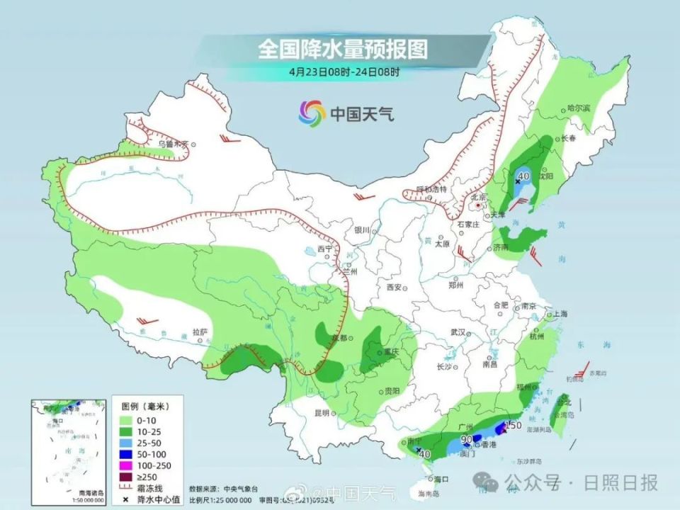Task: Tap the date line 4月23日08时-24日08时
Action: click(x=344, y=72)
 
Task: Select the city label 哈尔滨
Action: click(x=578, y=108)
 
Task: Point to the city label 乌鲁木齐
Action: click(x=173, y=144)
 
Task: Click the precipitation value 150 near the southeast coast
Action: click(x=514, y=425)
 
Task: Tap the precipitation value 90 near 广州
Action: click(x=467, y=439)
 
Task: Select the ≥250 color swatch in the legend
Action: click(x=125, y=477)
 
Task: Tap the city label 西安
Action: click(x=394, y=288)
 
